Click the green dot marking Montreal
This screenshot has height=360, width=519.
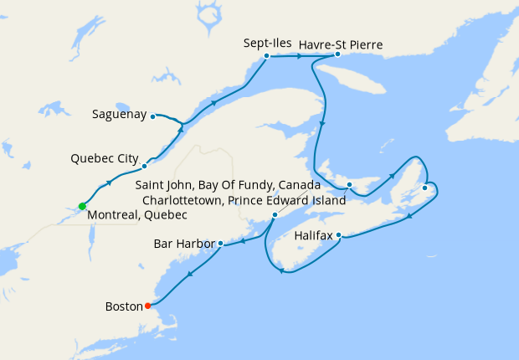point(82,206)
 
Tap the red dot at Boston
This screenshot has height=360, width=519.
point(148,306)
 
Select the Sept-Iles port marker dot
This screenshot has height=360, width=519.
point(266,56)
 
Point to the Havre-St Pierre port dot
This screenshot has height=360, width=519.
point(337,54)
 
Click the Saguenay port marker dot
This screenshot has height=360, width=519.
point(152,116)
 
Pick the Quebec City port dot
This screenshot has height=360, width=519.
point(144,166)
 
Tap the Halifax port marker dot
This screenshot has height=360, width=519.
point(339,235)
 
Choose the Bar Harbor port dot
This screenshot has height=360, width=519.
point(220,244)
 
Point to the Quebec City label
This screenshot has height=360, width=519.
point(105,157)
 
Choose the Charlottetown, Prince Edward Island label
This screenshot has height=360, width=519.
point(244,201)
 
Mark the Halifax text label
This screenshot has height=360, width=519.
point(315,236)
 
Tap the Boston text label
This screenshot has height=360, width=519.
point(125,306)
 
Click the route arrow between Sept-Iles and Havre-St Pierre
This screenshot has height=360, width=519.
point(300,56)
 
